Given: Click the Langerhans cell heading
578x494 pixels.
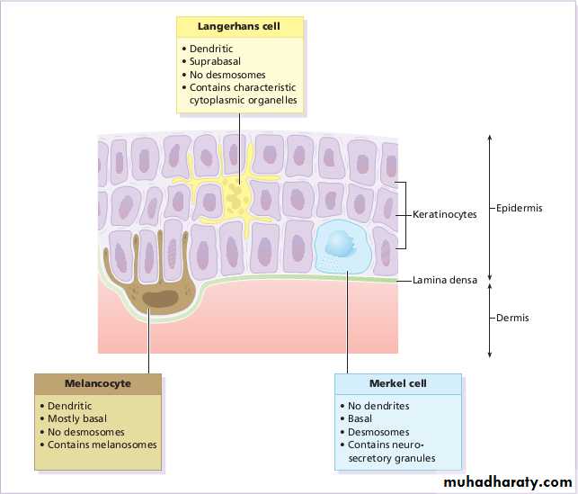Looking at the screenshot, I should [239, 27].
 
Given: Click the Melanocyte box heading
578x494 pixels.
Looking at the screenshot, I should [98, 383].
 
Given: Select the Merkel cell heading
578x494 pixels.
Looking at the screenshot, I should [397, 383].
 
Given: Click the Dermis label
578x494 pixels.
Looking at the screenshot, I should [512, 318].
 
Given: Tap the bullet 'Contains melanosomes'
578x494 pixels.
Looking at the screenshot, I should [102, 445].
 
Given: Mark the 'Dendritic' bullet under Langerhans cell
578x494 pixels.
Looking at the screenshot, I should [212, 48].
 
